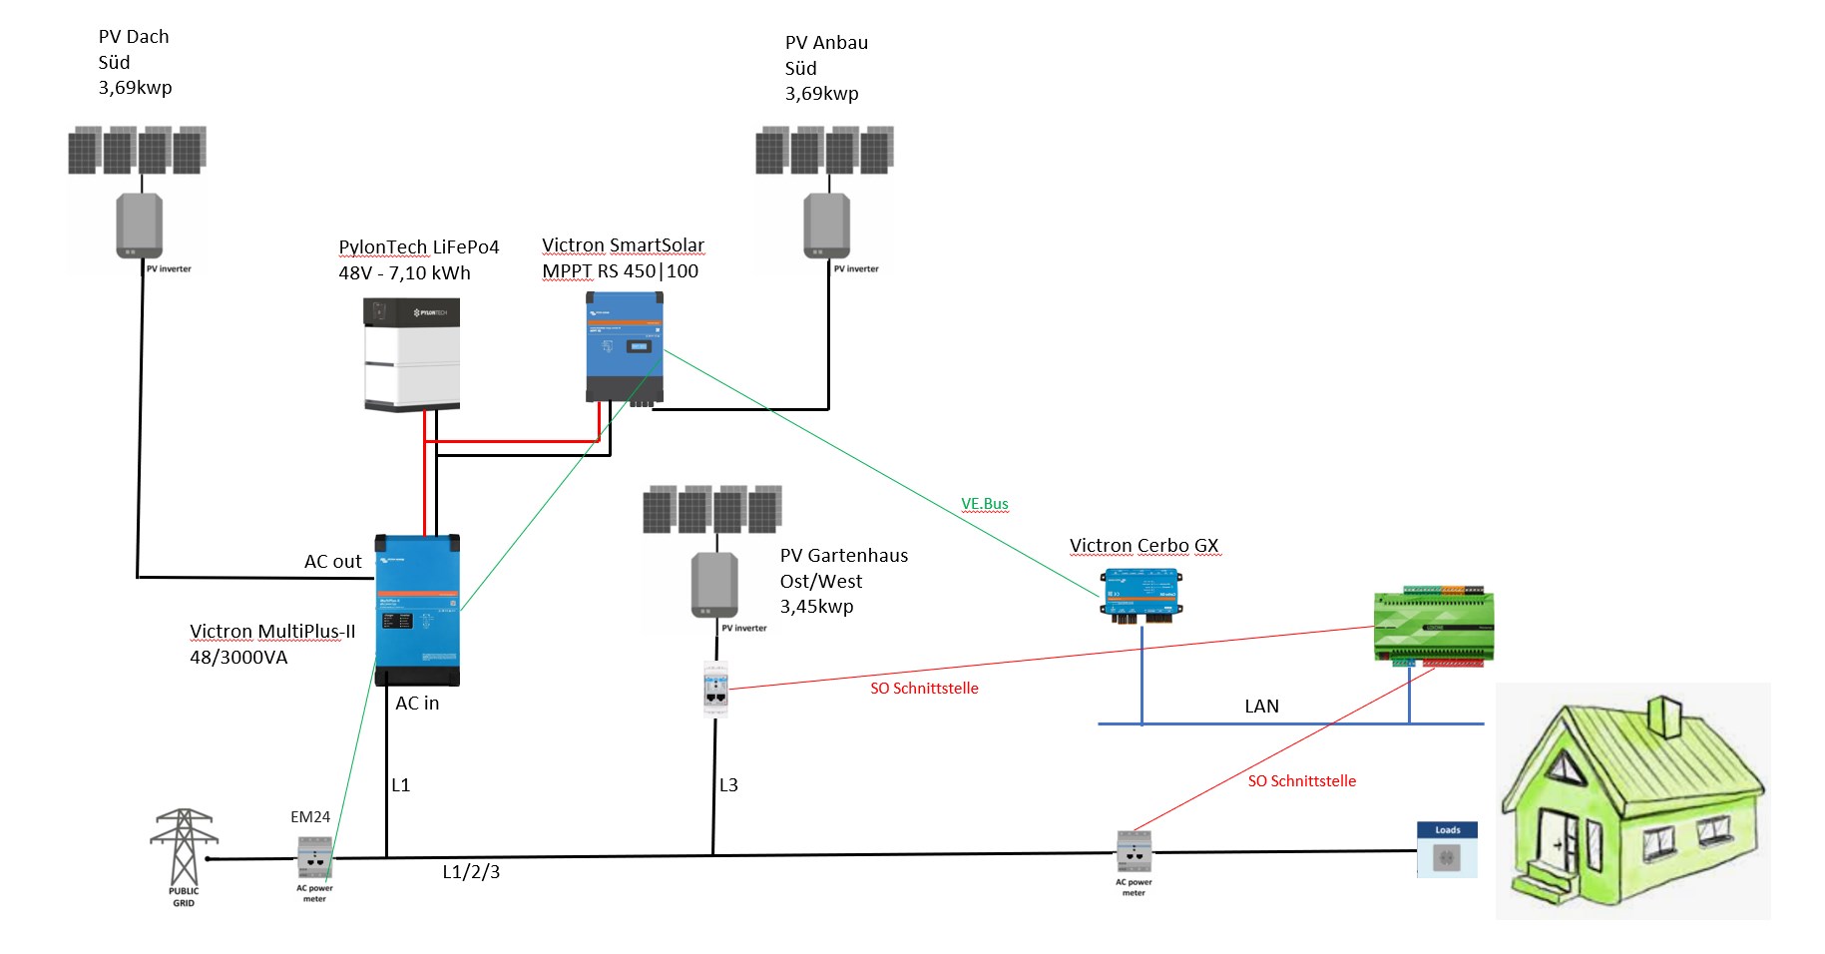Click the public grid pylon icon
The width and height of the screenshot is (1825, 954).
[184, 847]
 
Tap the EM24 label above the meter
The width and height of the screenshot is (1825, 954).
[310, 817]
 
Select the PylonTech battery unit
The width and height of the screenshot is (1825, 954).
[412, 355]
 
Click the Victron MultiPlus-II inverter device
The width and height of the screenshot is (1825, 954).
[417, 610]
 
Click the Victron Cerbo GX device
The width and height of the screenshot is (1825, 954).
[1141, 595]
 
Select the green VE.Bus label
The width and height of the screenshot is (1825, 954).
[985, 504]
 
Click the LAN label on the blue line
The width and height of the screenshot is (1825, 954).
[1261, 707]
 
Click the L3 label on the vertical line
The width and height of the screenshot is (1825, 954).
[729, 785]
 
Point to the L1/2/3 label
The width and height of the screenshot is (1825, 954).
[471, 872]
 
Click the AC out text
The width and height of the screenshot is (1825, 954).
[333, 562]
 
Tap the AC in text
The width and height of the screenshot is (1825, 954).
[417, 704]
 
